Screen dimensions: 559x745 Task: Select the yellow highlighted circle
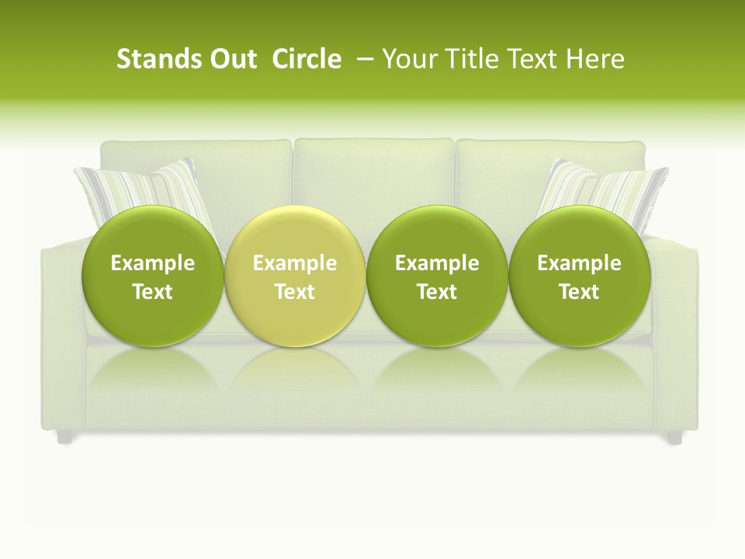click(x=295, y=276)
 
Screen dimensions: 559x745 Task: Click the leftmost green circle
click(x=153, y=276)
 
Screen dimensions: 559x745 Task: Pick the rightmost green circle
click(x=580, y=276)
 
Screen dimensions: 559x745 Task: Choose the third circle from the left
click(x=437, y=276)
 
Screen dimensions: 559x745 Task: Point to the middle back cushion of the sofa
click(x=373, y=175)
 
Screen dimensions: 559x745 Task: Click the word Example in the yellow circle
click(x=295, y=263)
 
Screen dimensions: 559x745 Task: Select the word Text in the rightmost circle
click(x=580, y=292)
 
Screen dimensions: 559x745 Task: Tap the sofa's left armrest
click(x=62, y=326)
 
